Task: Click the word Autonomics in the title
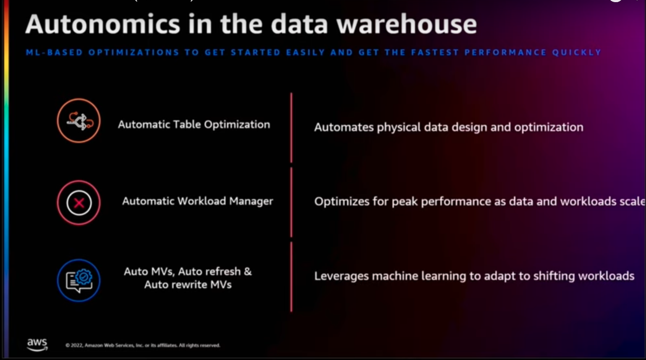[103, 24]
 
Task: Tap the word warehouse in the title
[407, 24]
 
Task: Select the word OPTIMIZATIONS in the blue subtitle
[134, 52]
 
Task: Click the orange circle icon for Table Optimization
[79, 121]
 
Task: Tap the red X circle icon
[79, 202]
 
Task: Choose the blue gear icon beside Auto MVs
[79, 280]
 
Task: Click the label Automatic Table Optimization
[194, 124]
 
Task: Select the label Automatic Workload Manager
[198, 201]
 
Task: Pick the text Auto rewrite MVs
[188, 284]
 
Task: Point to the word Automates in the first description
[344, 127]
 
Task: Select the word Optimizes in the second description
[341, 202]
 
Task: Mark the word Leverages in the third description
[341, 276]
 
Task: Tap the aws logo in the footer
[37, 344]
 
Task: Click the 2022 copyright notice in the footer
[143, 345]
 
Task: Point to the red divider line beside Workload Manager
[291, 202]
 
